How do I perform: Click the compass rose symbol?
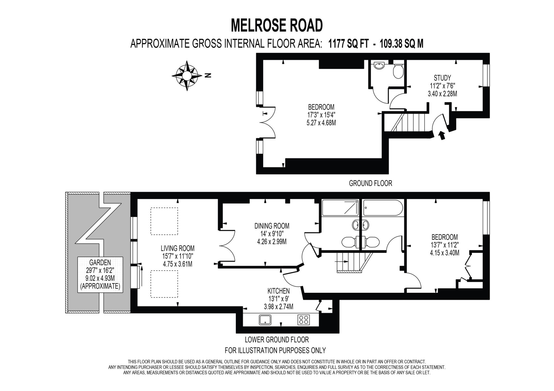187,75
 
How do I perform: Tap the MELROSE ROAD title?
276,25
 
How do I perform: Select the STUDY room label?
442,78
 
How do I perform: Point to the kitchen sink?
265,320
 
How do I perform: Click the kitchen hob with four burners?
304,320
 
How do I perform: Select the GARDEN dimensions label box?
100,274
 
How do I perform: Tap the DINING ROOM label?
272,226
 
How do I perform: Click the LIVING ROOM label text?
177,248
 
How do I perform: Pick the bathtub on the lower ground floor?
382,208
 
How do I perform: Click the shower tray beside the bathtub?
340,208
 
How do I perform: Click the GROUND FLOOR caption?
370,183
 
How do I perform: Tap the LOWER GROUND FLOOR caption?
276,339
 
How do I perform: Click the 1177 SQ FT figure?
348,44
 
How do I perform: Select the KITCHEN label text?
278,291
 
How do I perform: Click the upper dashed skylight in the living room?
164,221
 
